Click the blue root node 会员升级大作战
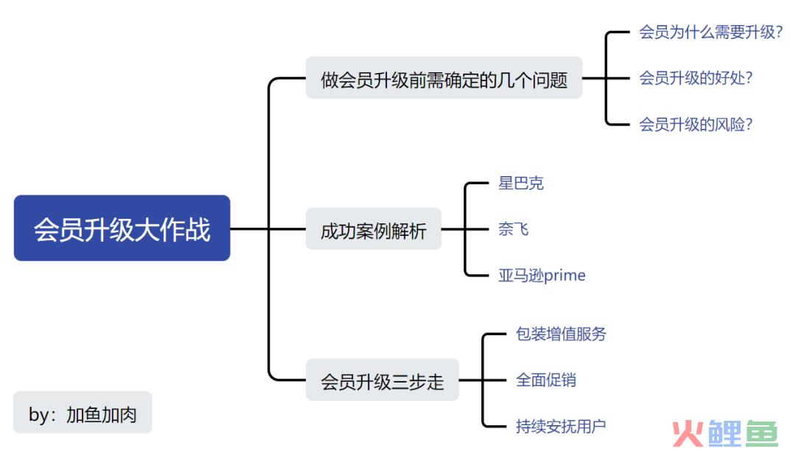pos(122,228)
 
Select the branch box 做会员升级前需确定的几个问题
pos(444,78)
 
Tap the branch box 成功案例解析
pos(373,229)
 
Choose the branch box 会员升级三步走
pos(382,380)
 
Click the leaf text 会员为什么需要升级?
pos(711,32)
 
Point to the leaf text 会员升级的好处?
pos(695,78)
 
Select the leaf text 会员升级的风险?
pos(695,124)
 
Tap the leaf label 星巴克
pos(520,183)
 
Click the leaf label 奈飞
pos(513,229)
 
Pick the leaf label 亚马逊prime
pos(542,276)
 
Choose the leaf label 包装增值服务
pos(561,334)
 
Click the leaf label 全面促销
pos(545,380)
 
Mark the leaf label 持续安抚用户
pos(561,426)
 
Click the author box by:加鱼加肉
pos(83,413)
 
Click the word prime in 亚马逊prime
pos(565,276)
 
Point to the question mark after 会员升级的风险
pos(748,124)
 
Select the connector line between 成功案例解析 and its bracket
pos(453,229)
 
